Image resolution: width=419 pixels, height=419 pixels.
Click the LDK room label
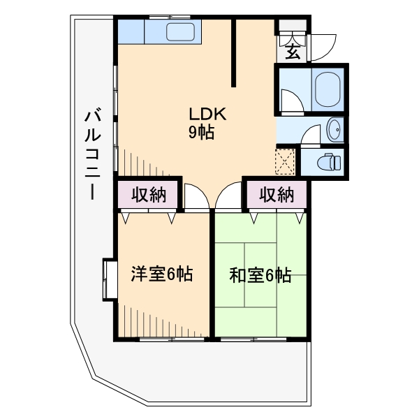(205, 115)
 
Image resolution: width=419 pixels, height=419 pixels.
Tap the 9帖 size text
(201, 133)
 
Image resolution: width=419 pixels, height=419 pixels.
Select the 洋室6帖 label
(162, 274)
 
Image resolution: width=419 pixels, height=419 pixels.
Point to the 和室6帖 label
(260, 275)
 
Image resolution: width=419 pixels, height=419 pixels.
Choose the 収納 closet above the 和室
(276, 195)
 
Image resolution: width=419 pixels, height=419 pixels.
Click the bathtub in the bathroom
(327, 89)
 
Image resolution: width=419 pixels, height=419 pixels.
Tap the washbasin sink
(335, 129)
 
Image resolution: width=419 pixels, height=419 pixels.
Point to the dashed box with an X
(286, 161)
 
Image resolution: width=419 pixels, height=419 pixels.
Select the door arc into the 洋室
(196, 197)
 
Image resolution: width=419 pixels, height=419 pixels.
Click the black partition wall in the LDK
(234, 53)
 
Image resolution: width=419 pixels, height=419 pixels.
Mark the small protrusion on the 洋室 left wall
(109, 279)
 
